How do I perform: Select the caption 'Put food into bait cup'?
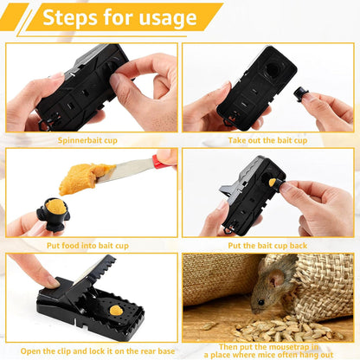point(91,245)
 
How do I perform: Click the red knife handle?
point(162,161)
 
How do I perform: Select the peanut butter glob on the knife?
point(86,177)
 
